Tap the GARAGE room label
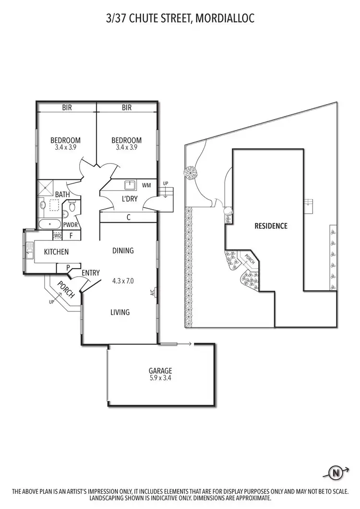160,370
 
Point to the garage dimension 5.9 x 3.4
160,378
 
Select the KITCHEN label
56,252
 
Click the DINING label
123,250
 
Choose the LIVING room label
120,312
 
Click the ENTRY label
91,273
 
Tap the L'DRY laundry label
129,198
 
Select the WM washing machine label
146,185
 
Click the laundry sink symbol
129,185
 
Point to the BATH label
62,194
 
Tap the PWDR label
70,225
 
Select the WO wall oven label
57,236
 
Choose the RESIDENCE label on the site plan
271,225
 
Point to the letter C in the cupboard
129,217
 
